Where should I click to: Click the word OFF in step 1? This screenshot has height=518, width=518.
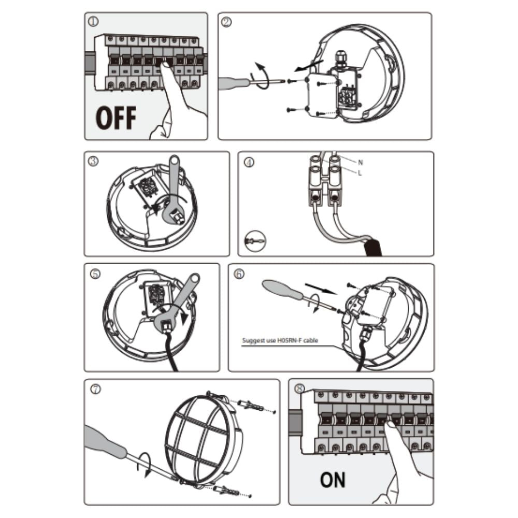pyautogui.click(x=116, y=118)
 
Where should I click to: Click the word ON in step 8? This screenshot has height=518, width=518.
pyautogui.click(x=333, y=480)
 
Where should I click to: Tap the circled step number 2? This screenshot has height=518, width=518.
pyautogui.click(x=226, y=22)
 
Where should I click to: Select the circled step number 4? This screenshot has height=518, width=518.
pyautogui.click(x=249, y=162)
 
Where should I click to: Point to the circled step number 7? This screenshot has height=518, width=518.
pyautogui.click(x=95, y=389)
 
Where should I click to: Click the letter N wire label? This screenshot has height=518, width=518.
pyautogui.click(x=360, y=162)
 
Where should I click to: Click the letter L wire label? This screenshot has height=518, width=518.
pyautogui.click(x=360, y=172)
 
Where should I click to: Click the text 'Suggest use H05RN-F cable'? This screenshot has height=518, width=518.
pyautogui.click(x=280, y=340)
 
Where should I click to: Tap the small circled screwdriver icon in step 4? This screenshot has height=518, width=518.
pyautogui.click(x=255, y=241)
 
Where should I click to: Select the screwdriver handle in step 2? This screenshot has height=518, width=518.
pyautogui.click(x=233, y=82)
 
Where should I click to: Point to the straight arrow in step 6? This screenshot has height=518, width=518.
pyautogui.click(x=321, y=288)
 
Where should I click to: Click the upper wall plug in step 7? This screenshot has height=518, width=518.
pyautogui.click(x=251, y=406)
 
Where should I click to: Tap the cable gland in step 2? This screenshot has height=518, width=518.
pyautogui.click(x=341, y=59)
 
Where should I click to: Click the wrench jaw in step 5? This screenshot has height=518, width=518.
pyautogui.click(x=164, y=323)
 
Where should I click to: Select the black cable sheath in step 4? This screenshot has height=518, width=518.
pyautogui.click(x=373, y=248)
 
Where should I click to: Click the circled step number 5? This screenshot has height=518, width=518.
pyautogui.click(x=95, y=274)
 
